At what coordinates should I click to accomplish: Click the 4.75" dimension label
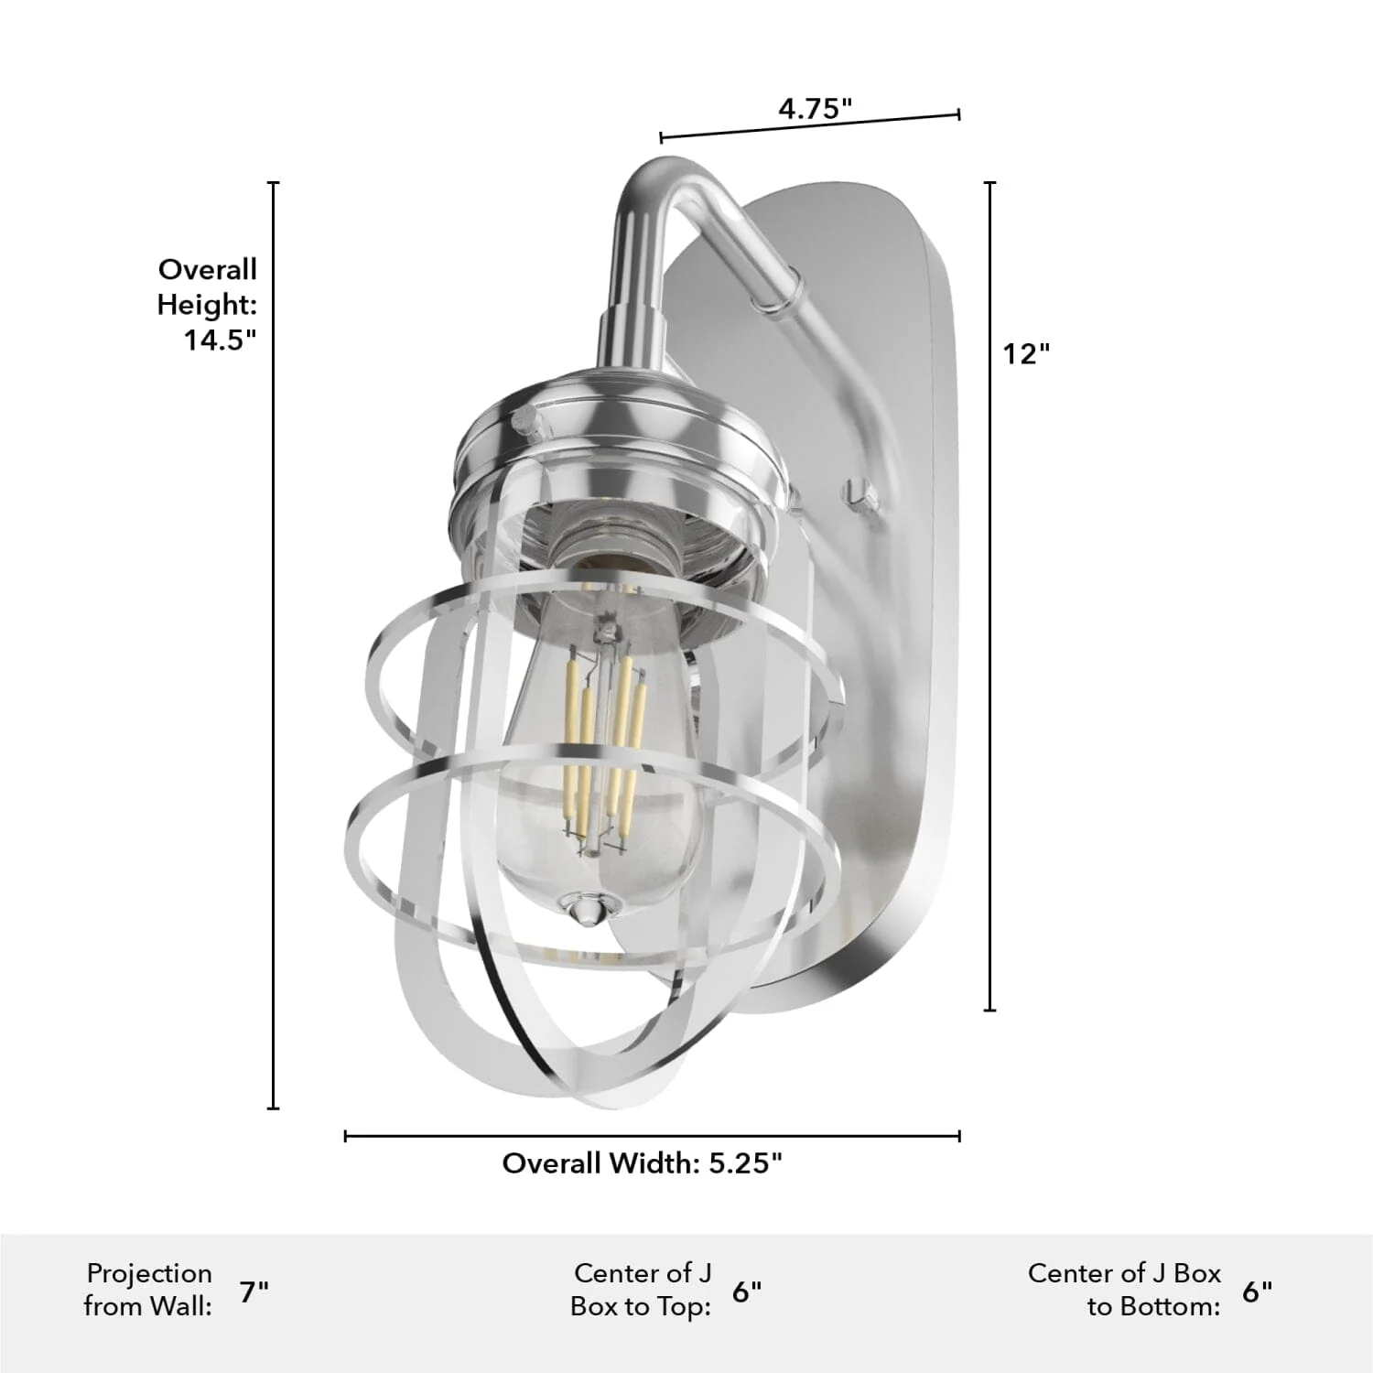[815, 109]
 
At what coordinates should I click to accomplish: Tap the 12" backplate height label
[1025, 353]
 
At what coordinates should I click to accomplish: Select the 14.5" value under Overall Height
[220, 341]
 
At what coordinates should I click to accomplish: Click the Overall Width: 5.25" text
[643, 1163]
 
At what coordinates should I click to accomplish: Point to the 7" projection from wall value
[254, 1292]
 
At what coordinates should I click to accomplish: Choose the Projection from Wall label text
[148, 1290]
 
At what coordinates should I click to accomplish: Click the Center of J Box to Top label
[641, 1290]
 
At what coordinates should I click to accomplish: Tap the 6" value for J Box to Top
[747, 1292]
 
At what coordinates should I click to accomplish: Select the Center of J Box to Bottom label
[1124, 1290]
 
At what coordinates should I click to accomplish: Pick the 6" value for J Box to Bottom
[1257, 1292]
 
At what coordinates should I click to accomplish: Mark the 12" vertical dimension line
[989, 595]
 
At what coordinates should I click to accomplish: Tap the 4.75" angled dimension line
[810, 126]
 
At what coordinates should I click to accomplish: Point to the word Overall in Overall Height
[208, 270]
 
